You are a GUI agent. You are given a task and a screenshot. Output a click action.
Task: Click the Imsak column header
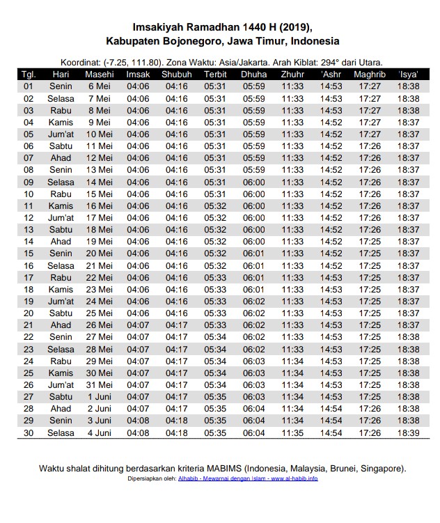[x=138, y=75]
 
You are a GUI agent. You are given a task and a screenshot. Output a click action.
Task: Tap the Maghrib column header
[x=370, y=75]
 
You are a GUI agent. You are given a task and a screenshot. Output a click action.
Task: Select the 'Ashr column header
[x=331, y=75]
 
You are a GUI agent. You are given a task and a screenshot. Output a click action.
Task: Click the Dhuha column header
[x=253, y=75]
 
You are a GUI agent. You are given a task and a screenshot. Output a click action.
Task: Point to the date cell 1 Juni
[x=100, y=396]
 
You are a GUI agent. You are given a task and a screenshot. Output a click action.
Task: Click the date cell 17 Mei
[x=100, y=217]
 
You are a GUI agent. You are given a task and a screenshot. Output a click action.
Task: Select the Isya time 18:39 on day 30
[x=408, y=432]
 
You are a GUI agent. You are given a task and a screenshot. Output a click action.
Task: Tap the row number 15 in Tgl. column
[x=29, y=253]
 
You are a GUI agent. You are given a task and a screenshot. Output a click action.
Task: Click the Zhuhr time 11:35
[x=292, y=432]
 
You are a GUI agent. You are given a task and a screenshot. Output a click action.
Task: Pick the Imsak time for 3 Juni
[x=138, y=421]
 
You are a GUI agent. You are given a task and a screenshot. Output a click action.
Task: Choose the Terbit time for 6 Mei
[x=215, y=86]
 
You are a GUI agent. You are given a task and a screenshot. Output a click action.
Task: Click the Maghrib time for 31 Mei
[x=370, y=384]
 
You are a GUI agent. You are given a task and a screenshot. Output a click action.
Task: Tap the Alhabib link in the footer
[x=187, y=479]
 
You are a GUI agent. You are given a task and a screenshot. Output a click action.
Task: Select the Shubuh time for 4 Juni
[x=177, y=432]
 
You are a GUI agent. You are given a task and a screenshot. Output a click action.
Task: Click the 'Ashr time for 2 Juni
[x=331, y=409]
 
